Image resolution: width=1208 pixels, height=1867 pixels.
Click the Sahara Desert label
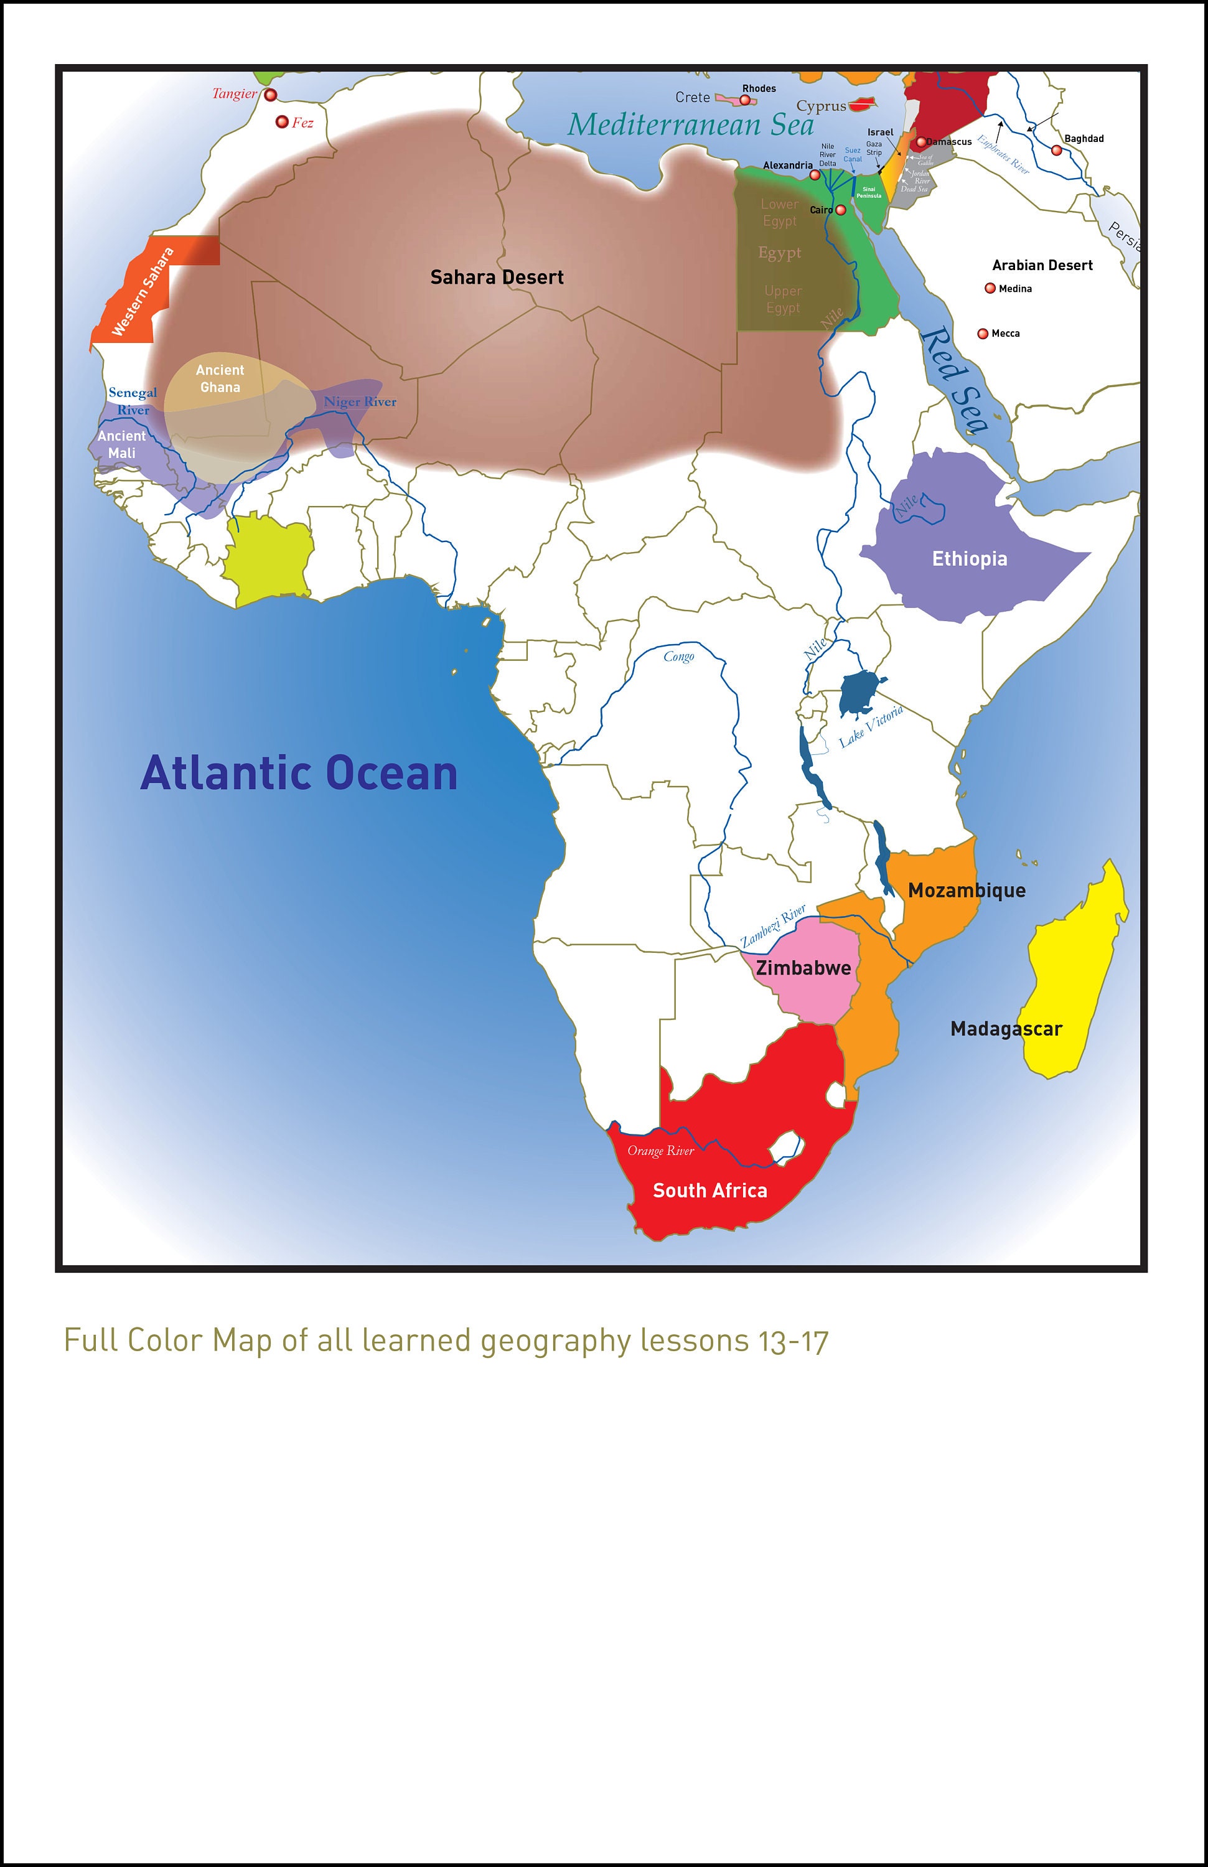coord(497,277)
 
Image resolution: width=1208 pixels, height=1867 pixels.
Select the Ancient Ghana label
coord(220,378)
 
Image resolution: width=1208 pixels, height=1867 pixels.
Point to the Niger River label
coord(360,401)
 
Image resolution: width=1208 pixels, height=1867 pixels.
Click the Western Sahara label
coord(143,292)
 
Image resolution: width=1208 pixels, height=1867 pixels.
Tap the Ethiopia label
coord(969,558)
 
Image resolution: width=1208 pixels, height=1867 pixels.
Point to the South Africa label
coord(710,1190)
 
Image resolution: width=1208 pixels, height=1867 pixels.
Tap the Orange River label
coord(660,1151)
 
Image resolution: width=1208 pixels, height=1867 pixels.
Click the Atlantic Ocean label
coord(299,773)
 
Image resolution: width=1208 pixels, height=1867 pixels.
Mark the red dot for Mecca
coord(983,334)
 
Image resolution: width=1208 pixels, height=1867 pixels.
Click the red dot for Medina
coord(990,289)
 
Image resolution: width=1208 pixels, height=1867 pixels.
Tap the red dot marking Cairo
coord(841,210)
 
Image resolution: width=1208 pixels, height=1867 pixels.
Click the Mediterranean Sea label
coord(691,124)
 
